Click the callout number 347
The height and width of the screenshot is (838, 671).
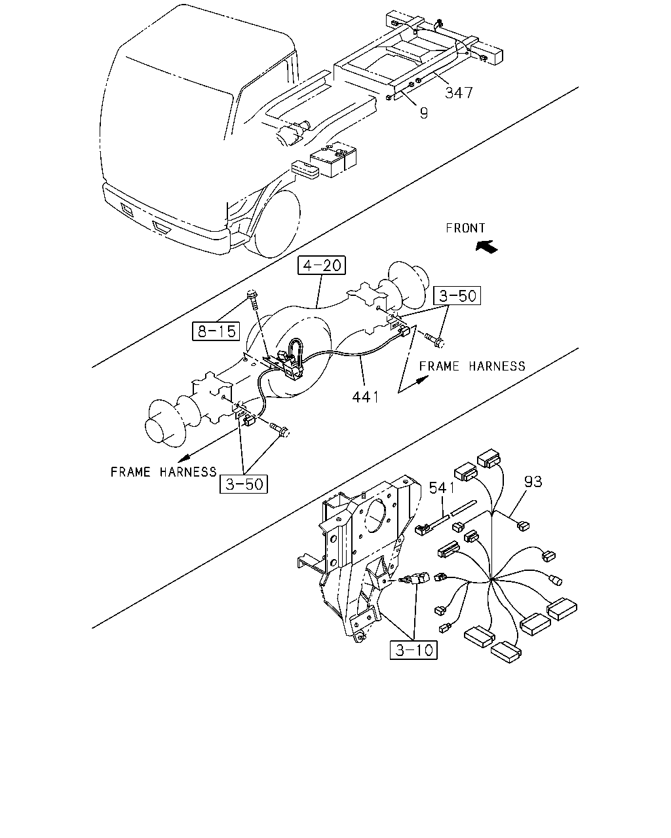pos(459,93)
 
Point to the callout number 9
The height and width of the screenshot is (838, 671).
pos(424,113)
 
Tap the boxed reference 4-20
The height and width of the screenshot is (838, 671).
pos(322,265)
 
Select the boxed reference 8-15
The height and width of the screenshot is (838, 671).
pos(216,331)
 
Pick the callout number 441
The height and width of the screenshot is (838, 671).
pos(366,397)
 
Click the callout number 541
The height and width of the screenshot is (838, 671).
pos(442,488)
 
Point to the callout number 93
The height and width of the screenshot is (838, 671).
pos(533,482)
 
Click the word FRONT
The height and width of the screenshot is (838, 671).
pos(465,228)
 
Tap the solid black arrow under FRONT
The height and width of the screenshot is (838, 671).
pos(487,247)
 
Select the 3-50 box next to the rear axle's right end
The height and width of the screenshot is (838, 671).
pos(457,296)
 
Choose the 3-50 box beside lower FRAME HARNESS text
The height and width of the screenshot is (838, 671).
pos(244,484)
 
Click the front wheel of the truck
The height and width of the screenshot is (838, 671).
pos(277,224)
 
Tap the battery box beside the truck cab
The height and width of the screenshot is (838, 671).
pos(334,159)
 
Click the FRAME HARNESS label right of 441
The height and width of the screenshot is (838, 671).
pos(472,367)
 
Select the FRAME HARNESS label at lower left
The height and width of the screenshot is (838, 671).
pos(163,472)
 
